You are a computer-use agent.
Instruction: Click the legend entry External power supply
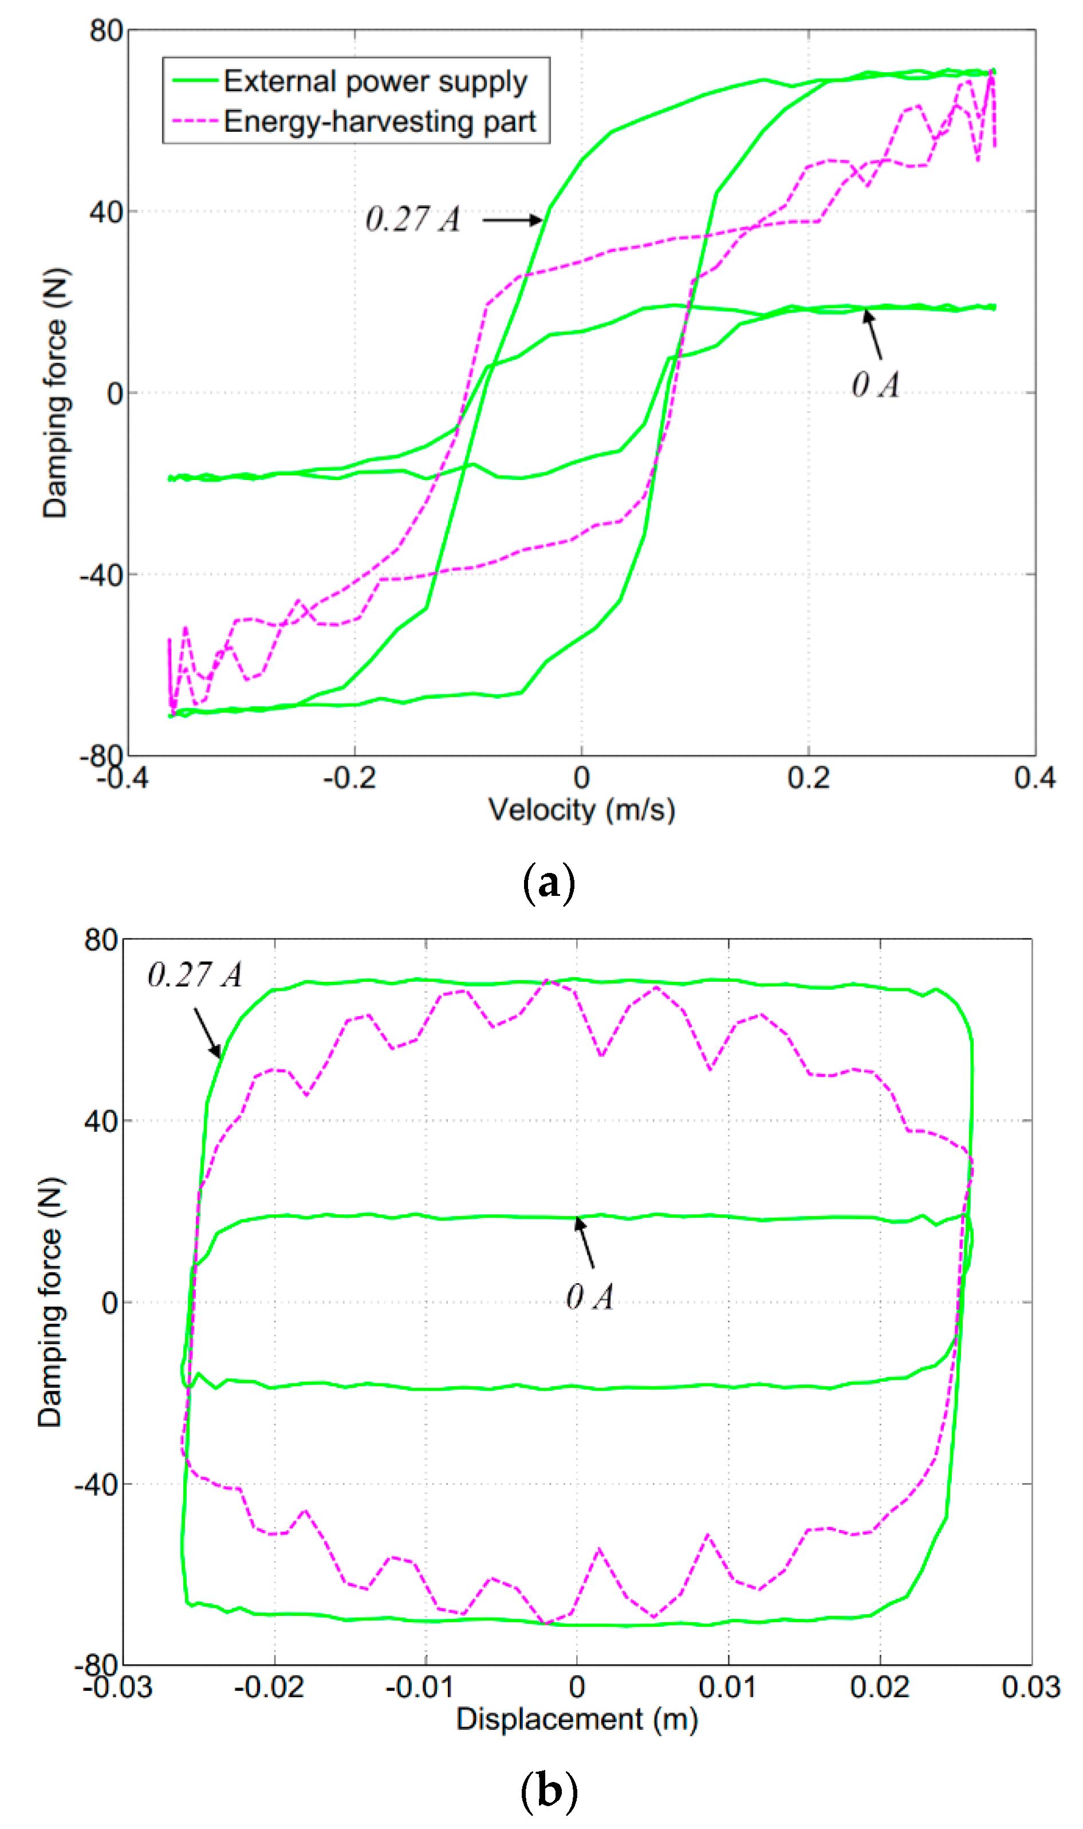[375, 81]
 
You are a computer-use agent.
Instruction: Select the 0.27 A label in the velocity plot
[413, 219]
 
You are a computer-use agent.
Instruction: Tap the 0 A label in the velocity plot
[875, 384]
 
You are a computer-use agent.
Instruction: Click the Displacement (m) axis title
[577, 1719]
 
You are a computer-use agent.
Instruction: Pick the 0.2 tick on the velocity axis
[808, 778]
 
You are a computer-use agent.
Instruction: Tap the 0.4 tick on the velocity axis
[1034, 778]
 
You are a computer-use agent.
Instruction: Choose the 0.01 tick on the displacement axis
[727, 1687]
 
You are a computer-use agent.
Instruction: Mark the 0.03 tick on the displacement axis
[1030, 1687]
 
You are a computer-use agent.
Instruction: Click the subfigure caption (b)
[549, 1790]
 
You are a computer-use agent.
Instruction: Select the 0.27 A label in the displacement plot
[194, 975]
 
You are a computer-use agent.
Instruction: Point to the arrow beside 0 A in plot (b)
[585, 1242]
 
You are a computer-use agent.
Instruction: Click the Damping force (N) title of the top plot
[55, 392]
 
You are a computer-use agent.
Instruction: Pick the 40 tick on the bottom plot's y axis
[101, 1120]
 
